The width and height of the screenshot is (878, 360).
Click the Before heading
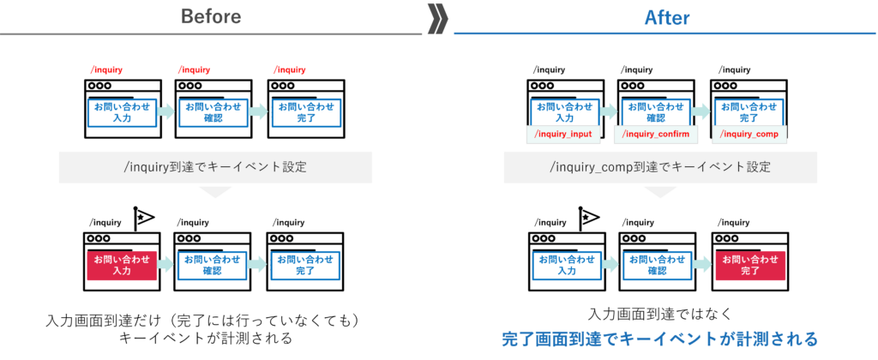[211, 16]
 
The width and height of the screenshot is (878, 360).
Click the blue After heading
[666, 17]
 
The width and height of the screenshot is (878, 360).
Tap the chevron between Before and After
[437, 17]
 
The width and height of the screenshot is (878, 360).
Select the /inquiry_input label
[562, 135]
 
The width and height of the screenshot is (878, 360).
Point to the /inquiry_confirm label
[656, 135]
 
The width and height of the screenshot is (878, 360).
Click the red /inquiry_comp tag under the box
[749, 135]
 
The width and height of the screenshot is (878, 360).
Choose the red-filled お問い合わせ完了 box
[749, 265]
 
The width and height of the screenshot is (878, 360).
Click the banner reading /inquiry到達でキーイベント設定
[215, 167]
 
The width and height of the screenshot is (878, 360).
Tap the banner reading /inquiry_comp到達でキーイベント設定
[659, 167]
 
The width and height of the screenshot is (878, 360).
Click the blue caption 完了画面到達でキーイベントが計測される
[659, 339]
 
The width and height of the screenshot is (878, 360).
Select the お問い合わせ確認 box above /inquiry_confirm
[656, 112]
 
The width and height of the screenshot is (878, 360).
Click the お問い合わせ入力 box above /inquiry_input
[563, 112]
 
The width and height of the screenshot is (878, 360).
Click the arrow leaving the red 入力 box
[166, 265]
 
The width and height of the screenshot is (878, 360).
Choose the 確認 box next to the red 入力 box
[213, 265]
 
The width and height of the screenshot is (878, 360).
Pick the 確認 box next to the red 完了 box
[656, 265]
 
